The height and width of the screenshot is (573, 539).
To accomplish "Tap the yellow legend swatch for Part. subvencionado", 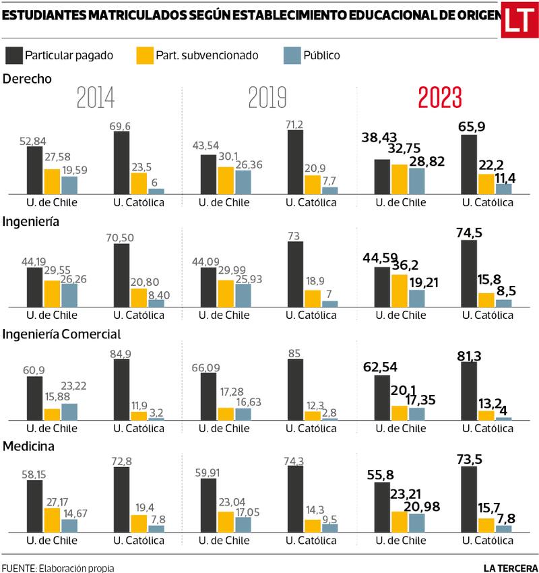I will (145, 55).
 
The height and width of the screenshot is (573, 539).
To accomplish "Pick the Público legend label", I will (321, 55).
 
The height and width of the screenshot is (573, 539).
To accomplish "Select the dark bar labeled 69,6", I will (121, 162).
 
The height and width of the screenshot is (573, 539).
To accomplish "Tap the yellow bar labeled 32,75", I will (399, 179).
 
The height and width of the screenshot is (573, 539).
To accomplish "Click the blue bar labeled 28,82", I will (416, 181).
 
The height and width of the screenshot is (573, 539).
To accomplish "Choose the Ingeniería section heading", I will (32, 220).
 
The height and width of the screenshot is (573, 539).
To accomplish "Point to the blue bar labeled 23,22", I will (69, 411).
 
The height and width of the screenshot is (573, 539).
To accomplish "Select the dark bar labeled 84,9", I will (121, 389).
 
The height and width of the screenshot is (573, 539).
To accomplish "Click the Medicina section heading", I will (28, 446).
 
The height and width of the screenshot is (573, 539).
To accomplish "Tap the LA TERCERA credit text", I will (511, 566).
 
